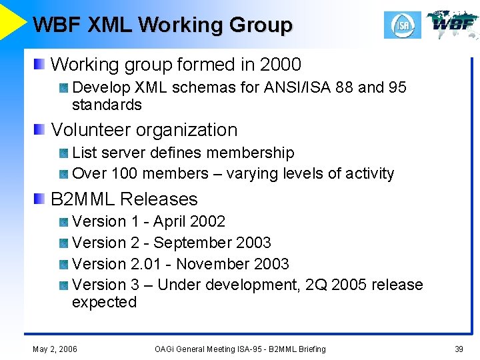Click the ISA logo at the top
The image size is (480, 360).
[x=403, y=25]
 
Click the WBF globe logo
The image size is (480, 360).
[x=453, y=25]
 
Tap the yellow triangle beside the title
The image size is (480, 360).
[x=12, y=20]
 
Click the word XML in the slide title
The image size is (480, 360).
[x=110, y=25]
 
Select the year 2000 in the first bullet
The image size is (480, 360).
[x=281, y=65]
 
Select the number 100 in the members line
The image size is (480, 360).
[x=124, y=173]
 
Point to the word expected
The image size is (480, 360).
[x=104, y=302]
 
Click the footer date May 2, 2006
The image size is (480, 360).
[x=55, y=349]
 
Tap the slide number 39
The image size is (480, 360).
[x=459, y=349]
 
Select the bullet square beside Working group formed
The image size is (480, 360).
[x=41, y=65]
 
